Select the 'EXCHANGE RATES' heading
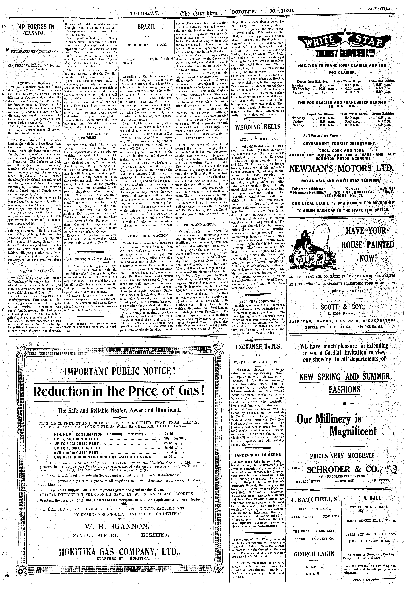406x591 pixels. click(x=258, y=347)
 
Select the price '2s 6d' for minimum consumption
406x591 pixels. click(x=169, y=434)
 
